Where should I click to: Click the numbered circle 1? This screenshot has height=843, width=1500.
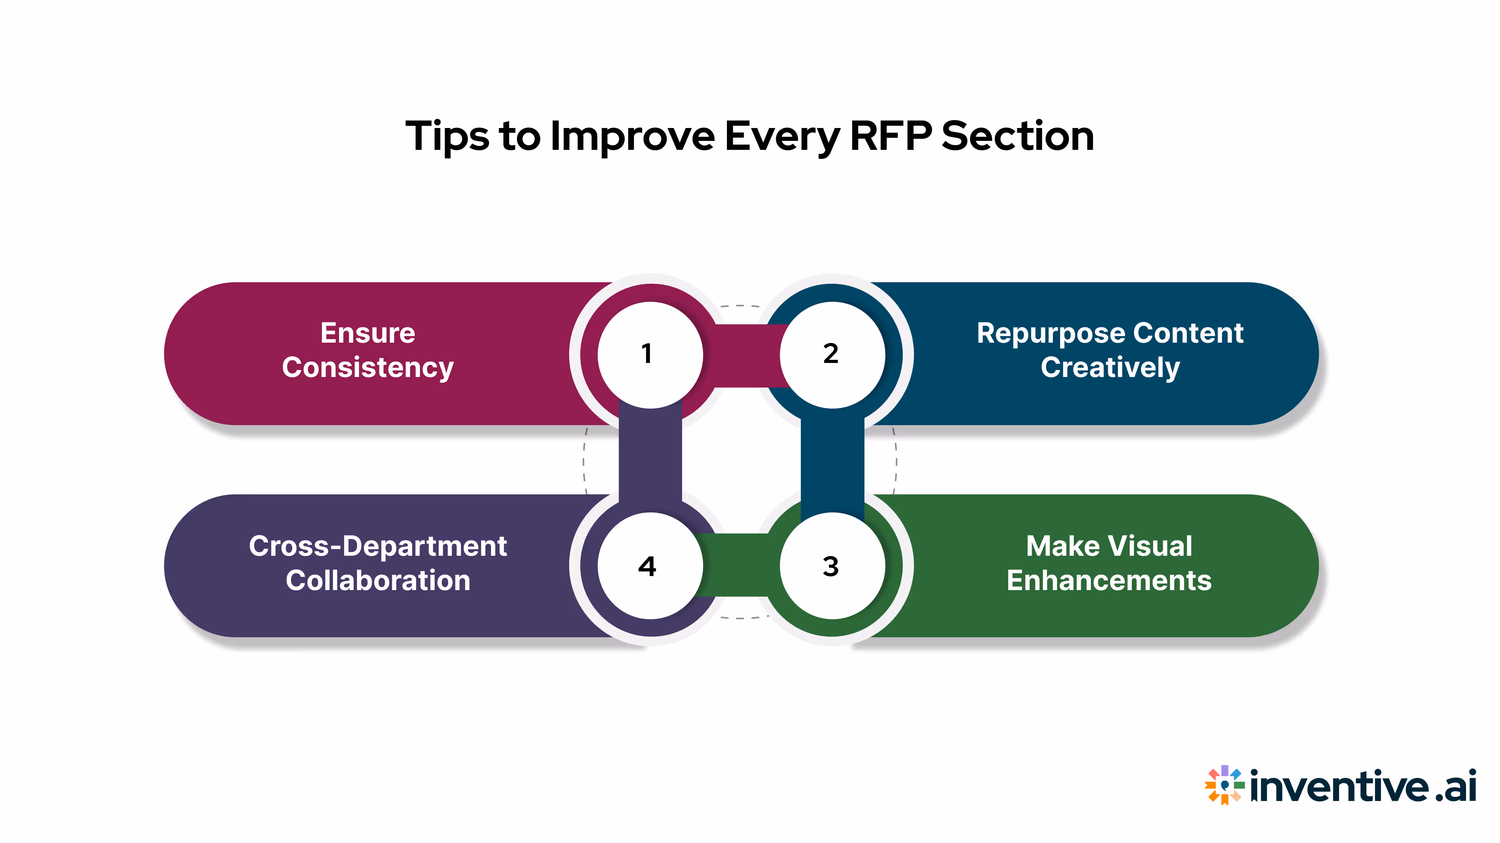coord(650,354)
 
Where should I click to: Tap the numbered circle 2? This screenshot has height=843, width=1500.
coord(832,354)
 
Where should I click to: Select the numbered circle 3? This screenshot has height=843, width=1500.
coord(832,566)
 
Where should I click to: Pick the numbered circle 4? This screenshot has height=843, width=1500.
coord(650,566)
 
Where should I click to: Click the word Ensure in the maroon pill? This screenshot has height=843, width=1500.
coord(368,333)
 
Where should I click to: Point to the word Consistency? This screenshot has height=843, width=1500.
coord(368,368)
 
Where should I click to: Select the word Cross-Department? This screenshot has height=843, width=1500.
coord(377,546)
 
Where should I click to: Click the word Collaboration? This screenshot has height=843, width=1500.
coord(377,581)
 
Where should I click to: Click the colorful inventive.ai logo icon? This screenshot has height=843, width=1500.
coord(1225,785)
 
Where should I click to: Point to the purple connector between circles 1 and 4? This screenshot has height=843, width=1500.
coord(650,460)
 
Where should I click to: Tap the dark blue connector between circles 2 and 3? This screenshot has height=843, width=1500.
coord(832,460)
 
